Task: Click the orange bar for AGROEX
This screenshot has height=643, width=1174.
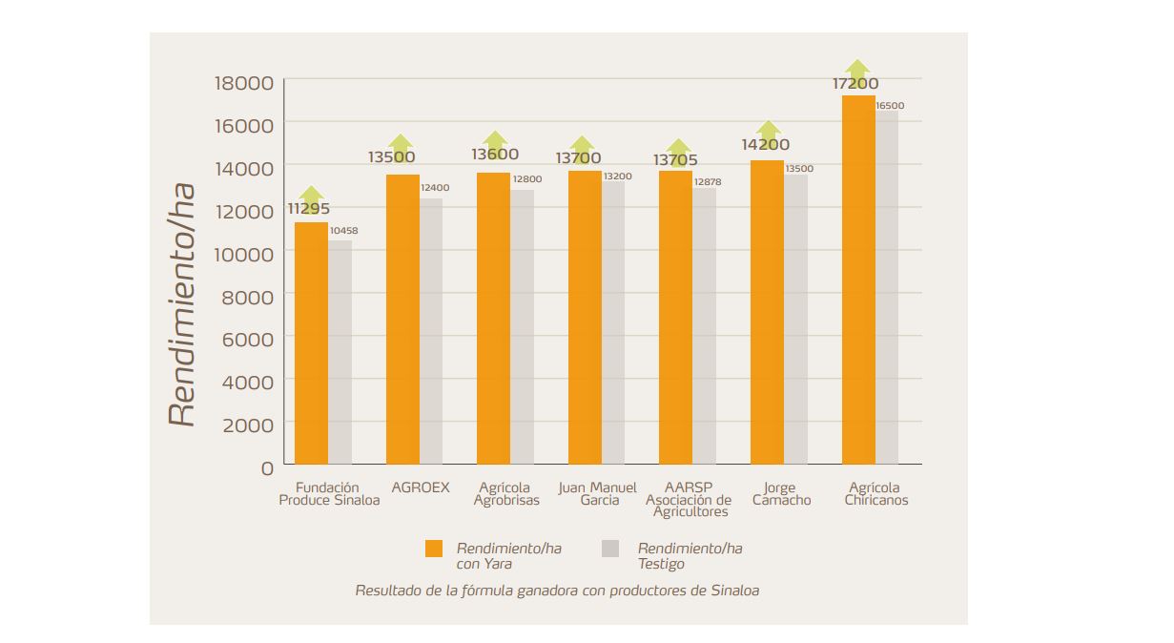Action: point(402,320)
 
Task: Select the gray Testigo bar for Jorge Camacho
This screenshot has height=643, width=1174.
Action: point(795,320)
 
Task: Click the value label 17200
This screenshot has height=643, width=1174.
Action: point(855,84)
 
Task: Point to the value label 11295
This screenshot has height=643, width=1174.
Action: point(310,209)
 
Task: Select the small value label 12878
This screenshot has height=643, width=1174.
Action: point(708,181)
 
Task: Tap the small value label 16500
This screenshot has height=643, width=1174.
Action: point(890,106)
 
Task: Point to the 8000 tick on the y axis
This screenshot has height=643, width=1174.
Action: point(247,296)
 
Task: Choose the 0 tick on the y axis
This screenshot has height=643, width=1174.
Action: point(267,467)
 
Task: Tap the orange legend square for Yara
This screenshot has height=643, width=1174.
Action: point(434,549)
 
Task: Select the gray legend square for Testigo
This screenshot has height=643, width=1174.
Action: point(610,549)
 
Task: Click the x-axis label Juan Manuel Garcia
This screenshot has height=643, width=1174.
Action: point(598,494)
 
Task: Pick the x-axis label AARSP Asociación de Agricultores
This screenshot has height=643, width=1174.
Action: point(689,500)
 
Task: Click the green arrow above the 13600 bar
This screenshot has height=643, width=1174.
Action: point(494,139)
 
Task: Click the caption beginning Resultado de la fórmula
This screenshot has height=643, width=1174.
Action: point(557,591)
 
